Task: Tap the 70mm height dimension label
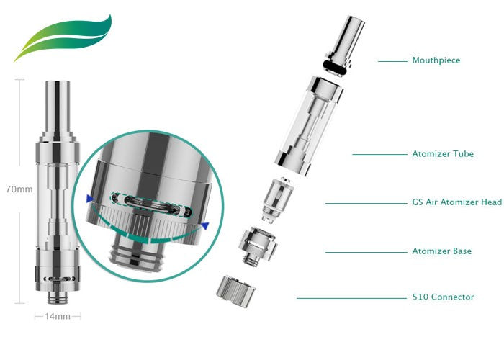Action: click(22, 190)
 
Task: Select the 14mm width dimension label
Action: click(58, 316)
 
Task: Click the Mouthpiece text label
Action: click(436, 61)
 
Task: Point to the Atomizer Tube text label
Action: click(443, 154)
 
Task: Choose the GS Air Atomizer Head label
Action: click(456, 202)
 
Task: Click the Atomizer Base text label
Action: click(442, 251)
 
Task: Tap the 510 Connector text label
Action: click(443, 297)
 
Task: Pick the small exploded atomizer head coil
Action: click(276, 197)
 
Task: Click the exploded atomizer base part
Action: click(258, 246)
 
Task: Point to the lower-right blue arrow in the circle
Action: click(204, 226)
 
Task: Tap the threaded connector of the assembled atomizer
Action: click(57, 296)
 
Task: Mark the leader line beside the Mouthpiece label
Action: click(392, 61)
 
